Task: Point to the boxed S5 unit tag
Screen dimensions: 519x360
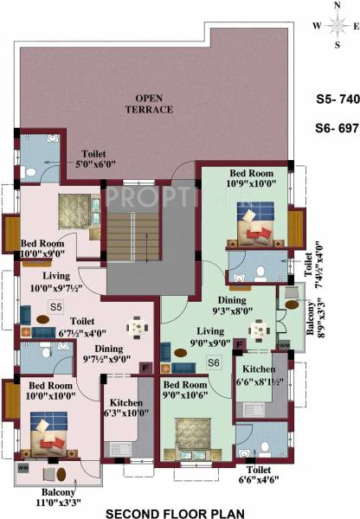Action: coord(55,307)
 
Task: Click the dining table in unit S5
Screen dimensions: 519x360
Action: coord(136,329)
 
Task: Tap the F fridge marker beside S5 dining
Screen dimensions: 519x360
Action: coord(146,368)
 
